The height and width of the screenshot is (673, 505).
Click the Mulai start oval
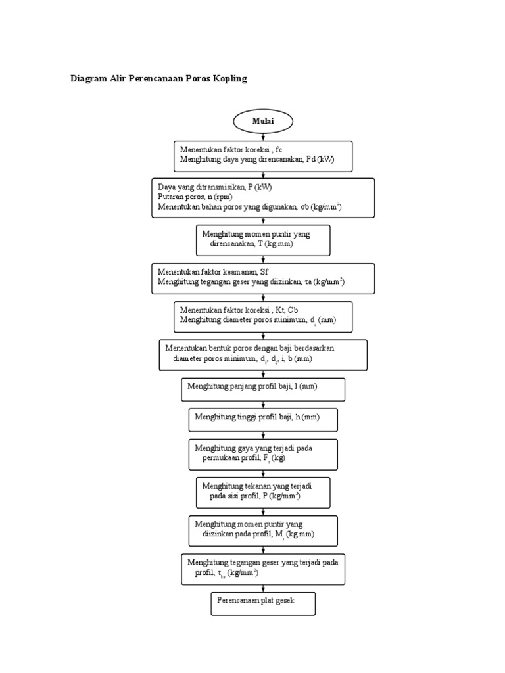point(263,122)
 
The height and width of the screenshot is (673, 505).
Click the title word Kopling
point(228,79)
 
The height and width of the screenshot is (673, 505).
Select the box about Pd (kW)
point(263,156)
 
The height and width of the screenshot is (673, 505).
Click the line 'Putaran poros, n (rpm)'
point(195,197)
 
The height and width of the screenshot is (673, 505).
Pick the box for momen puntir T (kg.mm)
point(263,240)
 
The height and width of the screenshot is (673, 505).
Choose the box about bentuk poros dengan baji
point(263,355)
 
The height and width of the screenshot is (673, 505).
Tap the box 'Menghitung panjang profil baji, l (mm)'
point(263,388)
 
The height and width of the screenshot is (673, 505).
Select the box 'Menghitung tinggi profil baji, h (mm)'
point(263,419)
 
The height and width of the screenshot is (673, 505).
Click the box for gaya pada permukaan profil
point(263,454)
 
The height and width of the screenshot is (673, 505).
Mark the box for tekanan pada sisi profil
point(263,492)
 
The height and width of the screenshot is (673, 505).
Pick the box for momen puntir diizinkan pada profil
point(263,530)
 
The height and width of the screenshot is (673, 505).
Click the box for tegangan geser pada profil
point(263,569)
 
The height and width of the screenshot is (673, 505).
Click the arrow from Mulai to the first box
point(264,137)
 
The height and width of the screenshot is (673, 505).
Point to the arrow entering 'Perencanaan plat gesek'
point(264,588)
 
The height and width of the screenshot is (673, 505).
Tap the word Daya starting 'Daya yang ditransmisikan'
point(167,187)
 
